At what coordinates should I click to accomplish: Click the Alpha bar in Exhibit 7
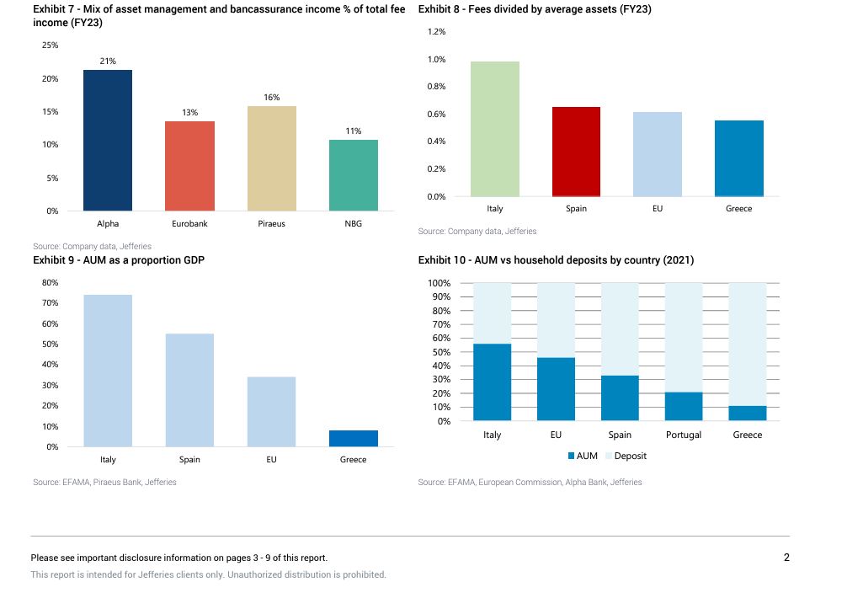point(107,140)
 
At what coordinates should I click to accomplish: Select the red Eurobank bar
point(189,166)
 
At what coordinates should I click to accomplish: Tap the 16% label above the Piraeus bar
point(271,98)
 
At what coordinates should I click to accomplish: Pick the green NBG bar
point(353,175)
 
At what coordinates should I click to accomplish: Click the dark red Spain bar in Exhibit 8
point(576,152)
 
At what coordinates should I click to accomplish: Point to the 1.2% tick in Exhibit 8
point(436,32)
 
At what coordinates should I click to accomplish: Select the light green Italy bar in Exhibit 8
point(494,129)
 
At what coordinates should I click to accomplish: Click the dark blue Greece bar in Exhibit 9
point(353,438)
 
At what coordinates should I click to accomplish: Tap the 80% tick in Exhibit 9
point(50,282)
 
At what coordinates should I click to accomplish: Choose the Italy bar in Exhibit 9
point(108,371)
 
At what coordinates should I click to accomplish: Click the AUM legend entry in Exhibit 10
point(582,456)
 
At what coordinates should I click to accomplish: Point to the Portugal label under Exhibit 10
point(684,435)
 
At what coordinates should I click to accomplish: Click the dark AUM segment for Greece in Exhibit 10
point(748,413)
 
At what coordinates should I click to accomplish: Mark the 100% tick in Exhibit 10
point(439,283)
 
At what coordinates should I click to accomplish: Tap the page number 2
point(786,557)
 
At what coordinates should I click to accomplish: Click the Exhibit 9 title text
point(119,260)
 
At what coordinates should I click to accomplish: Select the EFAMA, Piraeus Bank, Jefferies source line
point(104,482)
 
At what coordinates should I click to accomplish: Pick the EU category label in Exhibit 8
point(658,209)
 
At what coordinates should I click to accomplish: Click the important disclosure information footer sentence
point(179,558)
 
